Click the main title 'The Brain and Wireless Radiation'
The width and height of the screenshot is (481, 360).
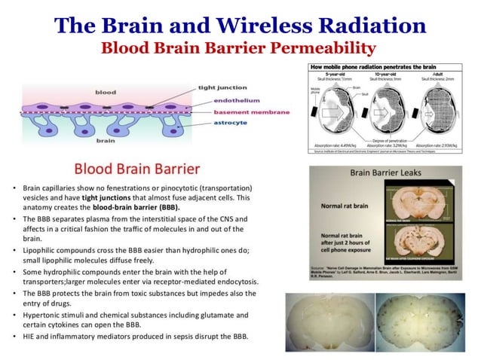[240, 25]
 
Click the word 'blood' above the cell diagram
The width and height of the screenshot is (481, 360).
[106, 92]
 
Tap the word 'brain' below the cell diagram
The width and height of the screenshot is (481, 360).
[105, 140]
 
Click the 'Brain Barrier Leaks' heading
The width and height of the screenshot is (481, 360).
[384, 172]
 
